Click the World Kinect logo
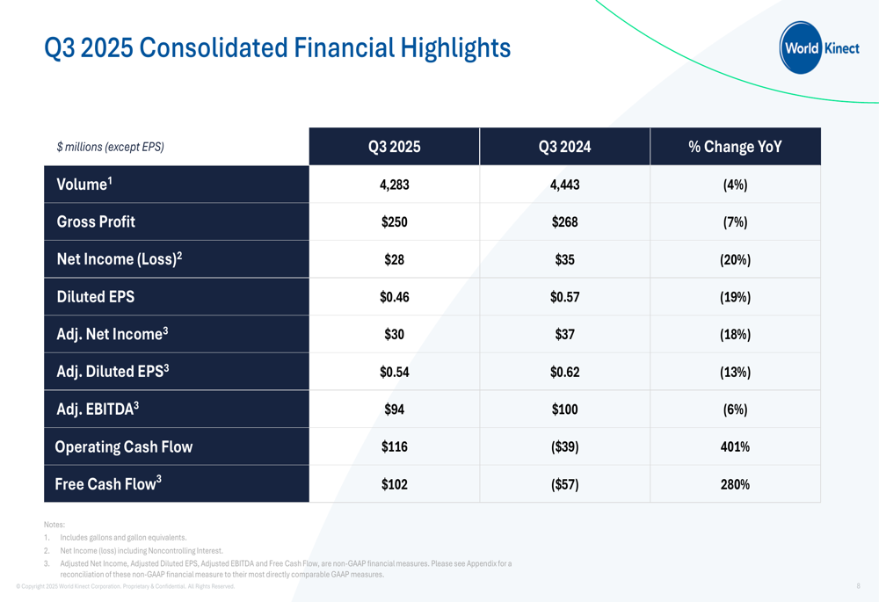point(819,47)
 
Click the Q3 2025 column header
point(394,147)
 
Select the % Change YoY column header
point(735,147)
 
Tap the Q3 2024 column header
point(564,147)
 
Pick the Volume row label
point(84,184)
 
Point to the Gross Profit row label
point(96,221)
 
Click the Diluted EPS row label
point(95,296)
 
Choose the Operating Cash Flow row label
point(124,446)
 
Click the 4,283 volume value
point(394,185)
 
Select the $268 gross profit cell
point(564,222)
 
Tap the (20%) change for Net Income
point(735,259)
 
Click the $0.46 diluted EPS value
point(394,297)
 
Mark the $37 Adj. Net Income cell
point(564,335)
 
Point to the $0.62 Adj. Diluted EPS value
point(564,373)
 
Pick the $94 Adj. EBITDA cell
point(394,410)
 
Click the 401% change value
point(735,446)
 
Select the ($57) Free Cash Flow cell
point(564,484)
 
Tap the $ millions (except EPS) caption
point(111,147)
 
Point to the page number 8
point(858,586)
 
